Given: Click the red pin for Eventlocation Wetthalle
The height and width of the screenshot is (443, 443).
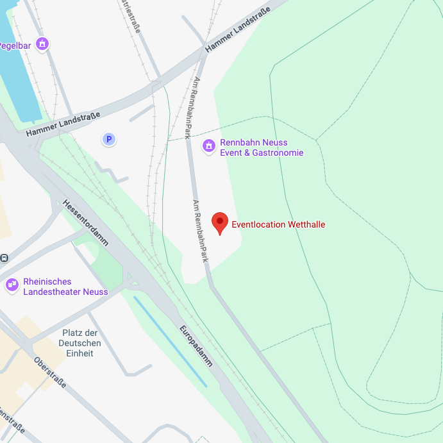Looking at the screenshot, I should pos(220,223).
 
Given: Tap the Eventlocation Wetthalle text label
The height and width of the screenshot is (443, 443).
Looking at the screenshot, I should pos(278,224).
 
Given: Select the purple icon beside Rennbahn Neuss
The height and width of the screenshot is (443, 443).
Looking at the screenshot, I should pos(208,147).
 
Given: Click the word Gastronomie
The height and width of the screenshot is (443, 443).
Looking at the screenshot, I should pos(278,153).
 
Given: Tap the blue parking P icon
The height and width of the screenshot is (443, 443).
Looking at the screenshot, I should pos(109,139).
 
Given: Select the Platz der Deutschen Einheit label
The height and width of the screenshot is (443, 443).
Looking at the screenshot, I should pos(80,343).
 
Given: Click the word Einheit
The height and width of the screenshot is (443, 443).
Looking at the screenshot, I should pos(80,353).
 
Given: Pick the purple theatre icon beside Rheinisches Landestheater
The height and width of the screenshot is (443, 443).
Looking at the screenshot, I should pos(12,285).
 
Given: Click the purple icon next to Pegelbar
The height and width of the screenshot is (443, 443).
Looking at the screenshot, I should pos(42,44).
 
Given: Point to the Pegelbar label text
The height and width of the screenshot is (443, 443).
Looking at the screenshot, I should pos(14,46).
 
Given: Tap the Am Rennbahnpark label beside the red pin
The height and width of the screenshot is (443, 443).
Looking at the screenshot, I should pos(201,231).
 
